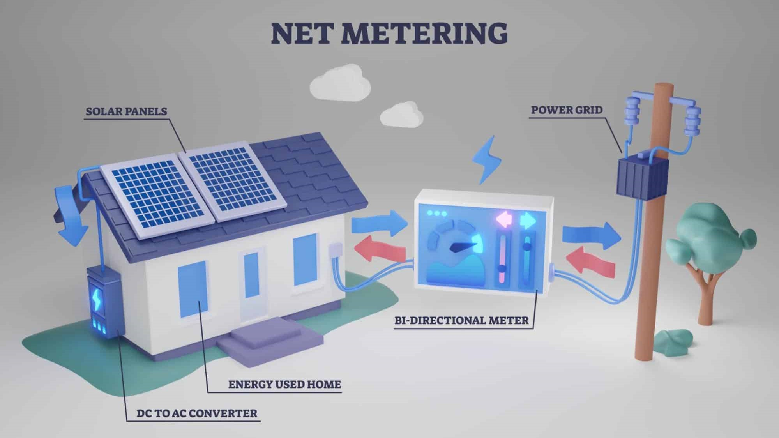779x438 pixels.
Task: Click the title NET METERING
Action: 389,33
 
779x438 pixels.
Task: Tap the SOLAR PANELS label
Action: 126,111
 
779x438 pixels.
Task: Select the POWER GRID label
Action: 567,110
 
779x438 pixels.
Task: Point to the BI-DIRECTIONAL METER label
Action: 462,320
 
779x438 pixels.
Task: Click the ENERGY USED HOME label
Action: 284,385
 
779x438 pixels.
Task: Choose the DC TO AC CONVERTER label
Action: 197,413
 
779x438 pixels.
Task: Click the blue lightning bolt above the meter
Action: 486,160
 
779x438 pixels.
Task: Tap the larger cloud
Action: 340,84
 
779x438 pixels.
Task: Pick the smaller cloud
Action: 402,114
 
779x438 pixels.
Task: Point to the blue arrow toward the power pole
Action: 591,235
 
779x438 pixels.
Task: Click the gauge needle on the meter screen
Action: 463,247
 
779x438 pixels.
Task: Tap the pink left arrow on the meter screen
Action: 505,220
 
